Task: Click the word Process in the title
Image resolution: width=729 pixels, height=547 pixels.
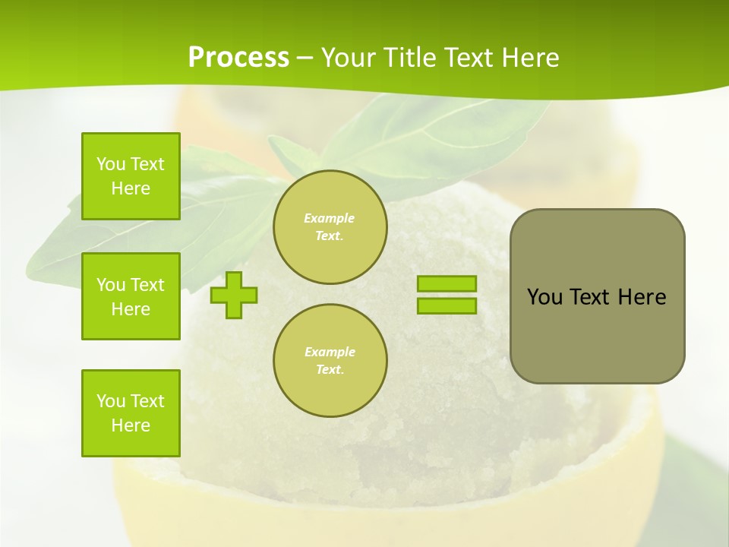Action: click(x=238, y=58)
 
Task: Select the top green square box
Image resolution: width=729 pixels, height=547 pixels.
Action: click(x=131, y=176)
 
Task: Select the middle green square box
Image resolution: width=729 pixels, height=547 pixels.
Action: click(x=131, y=296)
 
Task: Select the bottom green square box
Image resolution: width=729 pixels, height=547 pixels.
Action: click(x=131, y=413)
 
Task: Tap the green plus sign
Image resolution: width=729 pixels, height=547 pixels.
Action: click(x=234, y=295)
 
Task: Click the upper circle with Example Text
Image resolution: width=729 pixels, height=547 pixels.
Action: click(x=330, y=227)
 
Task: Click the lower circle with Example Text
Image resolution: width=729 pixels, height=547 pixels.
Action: click(x=330, y=361)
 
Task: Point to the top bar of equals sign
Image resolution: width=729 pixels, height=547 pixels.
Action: click(x=447, y=283)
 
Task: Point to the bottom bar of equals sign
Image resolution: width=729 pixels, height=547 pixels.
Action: click(x=447, y=305)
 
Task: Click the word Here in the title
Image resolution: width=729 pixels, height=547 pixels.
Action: click(x=531, y=58)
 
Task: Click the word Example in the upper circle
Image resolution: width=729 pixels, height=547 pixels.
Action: click(x=330, y=218)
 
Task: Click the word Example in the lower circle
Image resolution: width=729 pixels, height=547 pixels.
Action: click(x=330, y=352)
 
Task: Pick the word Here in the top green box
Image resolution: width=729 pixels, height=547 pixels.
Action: click(x=131, y=188)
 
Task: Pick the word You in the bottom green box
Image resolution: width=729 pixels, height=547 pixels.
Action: click(x=111, y=401)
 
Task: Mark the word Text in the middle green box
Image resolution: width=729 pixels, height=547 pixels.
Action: click(x=147, y=285)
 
